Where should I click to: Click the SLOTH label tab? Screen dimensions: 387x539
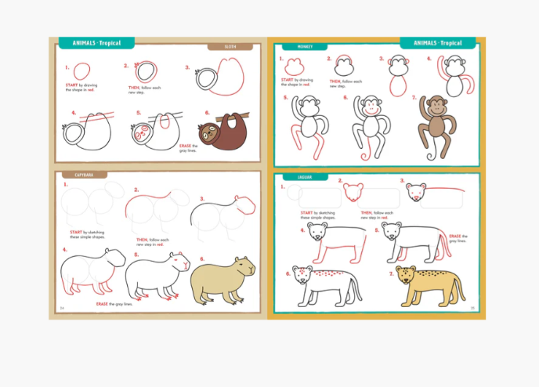(x=230, y=47)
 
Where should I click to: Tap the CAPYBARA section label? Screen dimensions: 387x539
(x=81, y=175)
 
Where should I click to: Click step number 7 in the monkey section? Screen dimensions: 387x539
(x=413, y=98)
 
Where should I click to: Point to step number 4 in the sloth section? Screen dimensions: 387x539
(x=73, y=113)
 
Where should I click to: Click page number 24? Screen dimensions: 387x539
(x=62, y=307)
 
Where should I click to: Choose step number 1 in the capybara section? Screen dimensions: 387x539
(x=66, y=185)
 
